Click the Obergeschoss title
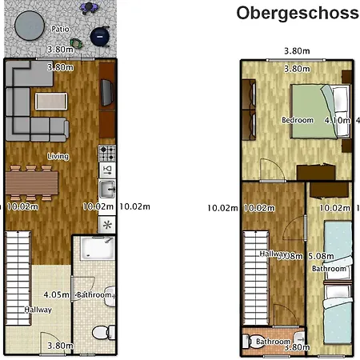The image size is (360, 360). [x=297, y=13]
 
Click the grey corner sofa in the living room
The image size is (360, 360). [x=24, y=100]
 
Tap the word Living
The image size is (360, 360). [x=58, y=156]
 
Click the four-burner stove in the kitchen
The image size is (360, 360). [x=106, y=151]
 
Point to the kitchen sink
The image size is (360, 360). [x=106, y=189]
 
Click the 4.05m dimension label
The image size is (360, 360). [x=54, y=271]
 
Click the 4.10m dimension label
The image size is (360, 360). [x=338, y=120]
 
